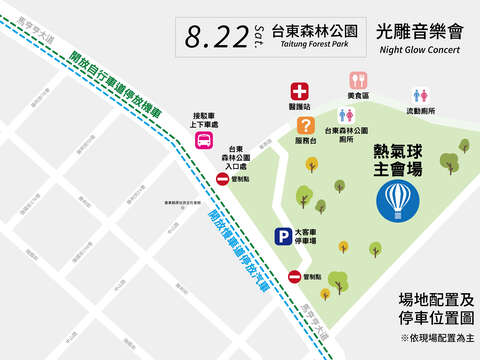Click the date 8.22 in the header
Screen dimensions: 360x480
click(x=218, y=37)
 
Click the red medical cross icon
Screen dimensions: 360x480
click(x=299, y=90)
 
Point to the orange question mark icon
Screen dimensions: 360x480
click(x=305, y=126)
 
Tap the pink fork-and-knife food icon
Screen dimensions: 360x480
click(x=358, y=80)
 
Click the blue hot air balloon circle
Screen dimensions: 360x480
click(x=398, y=200)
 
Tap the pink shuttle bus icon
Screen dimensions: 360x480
click(x=203, y=140)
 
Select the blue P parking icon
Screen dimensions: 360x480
click(x=283, y=237)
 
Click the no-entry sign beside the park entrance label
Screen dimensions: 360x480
click(x=222, y=178)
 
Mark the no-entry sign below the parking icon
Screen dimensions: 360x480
click(x=295, y=276)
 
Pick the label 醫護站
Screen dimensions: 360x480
click(x=299, y=106)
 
